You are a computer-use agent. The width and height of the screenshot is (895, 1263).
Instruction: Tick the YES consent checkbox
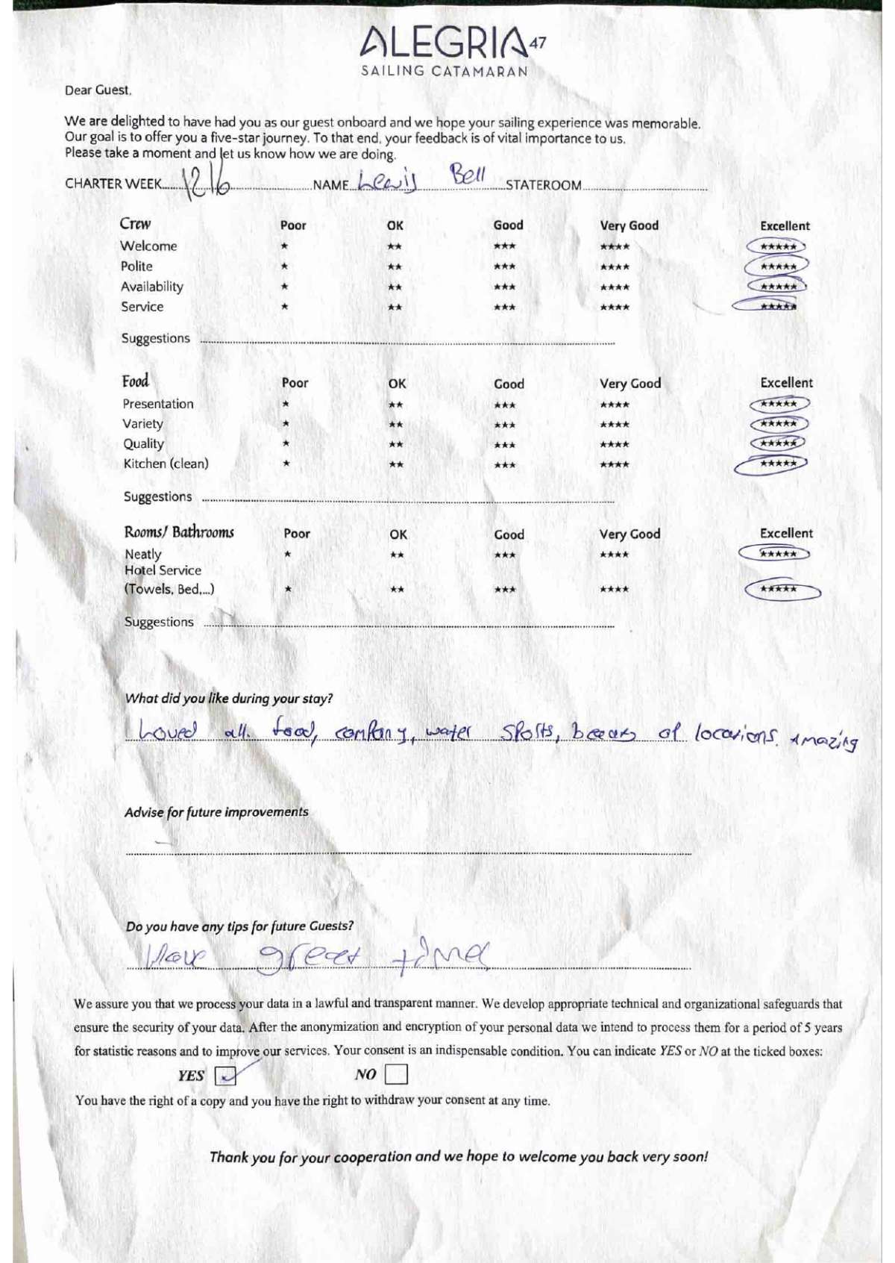click(x=225, y=1075)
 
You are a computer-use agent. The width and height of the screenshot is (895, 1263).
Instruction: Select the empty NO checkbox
click(x=396, y=1074)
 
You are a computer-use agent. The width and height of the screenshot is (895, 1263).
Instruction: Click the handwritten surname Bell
click(x=468, y=177)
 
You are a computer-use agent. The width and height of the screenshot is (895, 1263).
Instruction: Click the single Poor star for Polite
click(x=284, y=266)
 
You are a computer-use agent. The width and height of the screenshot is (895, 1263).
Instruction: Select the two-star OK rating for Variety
click(x=396, y=425)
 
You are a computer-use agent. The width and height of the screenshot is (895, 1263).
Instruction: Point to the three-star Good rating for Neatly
click(x=505, y=555)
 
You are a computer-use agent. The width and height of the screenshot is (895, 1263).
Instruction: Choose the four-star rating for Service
click(x=615, y=307)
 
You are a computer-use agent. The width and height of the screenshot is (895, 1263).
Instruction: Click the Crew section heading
click(x=135, y=224)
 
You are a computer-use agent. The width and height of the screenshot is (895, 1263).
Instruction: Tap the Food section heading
click(x=136, y=381)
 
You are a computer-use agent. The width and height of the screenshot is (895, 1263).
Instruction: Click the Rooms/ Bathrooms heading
click(x=179, y=532)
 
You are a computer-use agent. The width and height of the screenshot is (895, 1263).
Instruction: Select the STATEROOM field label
click(x=543, y=185)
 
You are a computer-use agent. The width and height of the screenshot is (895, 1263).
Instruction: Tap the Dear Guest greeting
click(x=98, y=90)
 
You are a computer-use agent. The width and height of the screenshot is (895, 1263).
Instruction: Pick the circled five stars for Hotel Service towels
click(x=780, y=590)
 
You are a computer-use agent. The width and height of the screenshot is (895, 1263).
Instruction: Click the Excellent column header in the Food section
click(x=786, y=383)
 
